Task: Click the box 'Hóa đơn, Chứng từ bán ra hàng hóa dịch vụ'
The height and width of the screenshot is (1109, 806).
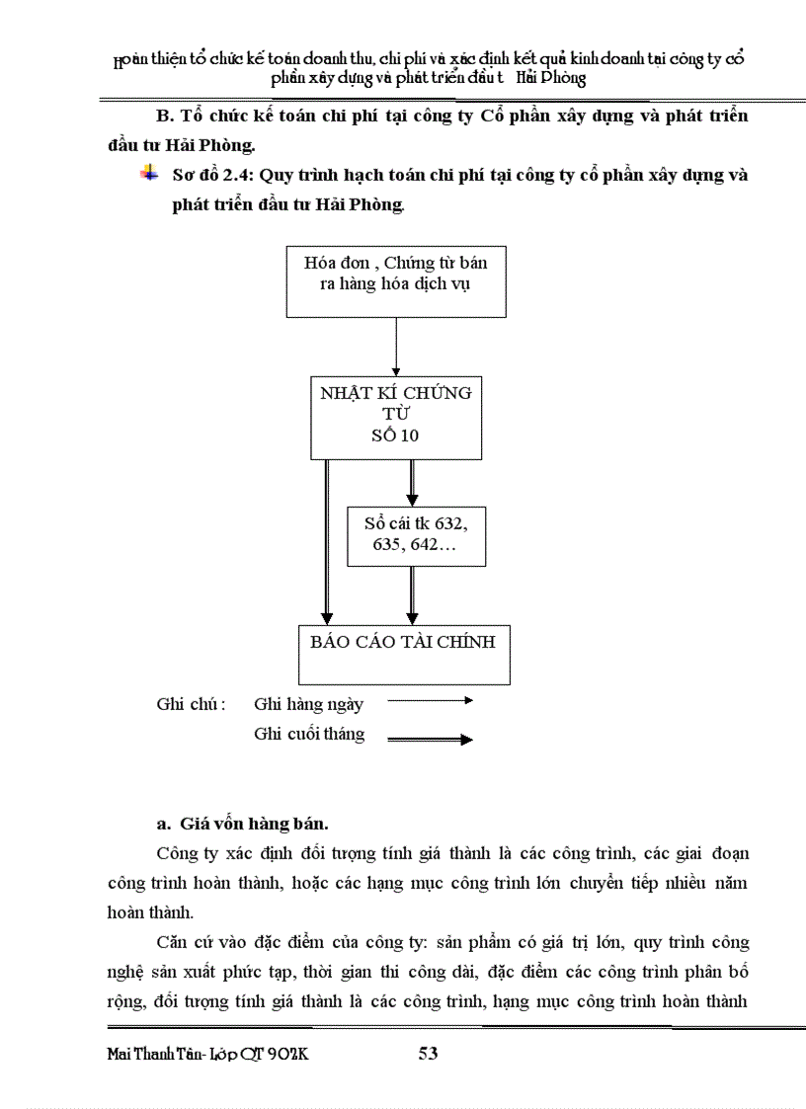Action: (x=395, y=280)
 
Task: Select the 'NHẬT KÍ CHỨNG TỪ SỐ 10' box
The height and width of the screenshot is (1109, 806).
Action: (x=395, y=415)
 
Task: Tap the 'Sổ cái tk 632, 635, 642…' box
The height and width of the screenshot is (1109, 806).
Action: (x=416, y=536)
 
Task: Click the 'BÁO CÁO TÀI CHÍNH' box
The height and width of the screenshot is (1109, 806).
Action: (x=404, y=654)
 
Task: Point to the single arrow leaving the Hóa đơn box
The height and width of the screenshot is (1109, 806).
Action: (x=395, y=346)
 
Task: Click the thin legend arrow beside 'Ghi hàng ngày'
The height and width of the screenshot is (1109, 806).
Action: (x=431, y=700)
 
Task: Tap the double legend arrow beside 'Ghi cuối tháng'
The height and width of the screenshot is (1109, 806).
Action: (x=431, y=739)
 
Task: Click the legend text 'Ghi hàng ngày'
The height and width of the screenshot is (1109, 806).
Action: (x=308, y=704)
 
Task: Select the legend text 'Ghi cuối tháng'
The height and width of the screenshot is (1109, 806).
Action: (x=309, y=734)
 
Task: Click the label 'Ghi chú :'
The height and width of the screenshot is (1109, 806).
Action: (x=191, y=704)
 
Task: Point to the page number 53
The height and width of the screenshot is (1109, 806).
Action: (x=428, y=1054)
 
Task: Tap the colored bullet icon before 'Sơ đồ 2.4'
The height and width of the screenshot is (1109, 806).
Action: (x=149, y=175)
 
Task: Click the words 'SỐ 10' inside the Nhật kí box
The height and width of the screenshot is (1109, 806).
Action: (x=395, y=436)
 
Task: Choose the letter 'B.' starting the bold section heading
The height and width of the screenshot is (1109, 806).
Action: (x=165, y=117)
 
